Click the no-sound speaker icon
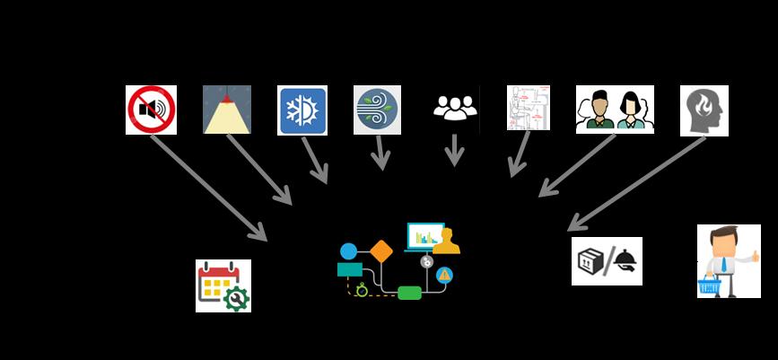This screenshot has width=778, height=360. click(x=151, y=110)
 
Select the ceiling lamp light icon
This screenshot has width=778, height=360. click(x=227, y=110)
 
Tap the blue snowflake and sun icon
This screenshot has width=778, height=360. click(x=302, y=110)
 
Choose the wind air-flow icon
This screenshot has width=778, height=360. click(x=377, y=110)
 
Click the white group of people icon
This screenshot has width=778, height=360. click(x=455, y=108)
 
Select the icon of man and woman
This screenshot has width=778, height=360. click(x=615, y=110)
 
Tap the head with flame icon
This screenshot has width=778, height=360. click(x=704, y=110)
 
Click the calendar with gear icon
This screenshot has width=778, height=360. click(x=223, y=285)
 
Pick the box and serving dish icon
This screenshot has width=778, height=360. click(x=607, y=261)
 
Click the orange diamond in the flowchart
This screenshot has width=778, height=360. click(x=381, y=250)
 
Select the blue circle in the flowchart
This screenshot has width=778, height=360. click(x=348, y=250)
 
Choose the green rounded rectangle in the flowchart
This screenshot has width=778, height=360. click(x=409, y=292)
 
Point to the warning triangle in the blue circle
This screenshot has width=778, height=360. click(x=444, y=275)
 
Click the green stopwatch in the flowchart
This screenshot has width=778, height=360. click(x=361, y=289)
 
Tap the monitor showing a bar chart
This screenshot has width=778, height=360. click(x=425, y=236)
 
